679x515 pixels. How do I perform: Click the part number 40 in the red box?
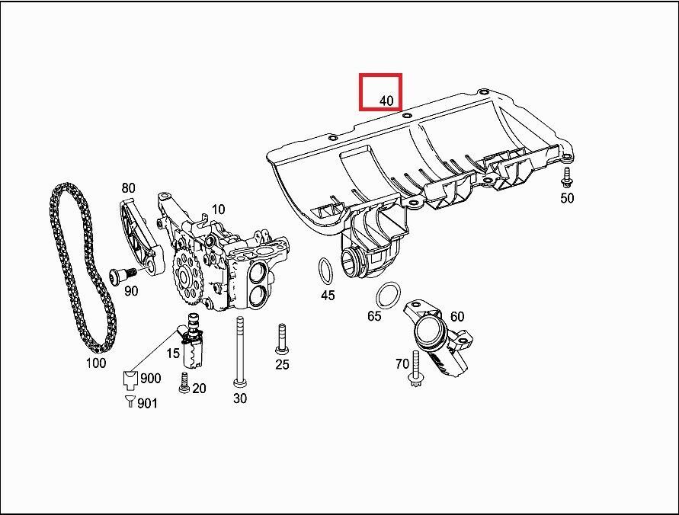(x=386, y=101)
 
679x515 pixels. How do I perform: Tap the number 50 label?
(x=566, y=198)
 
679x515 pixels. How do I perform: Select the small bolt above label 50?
(x=566, y=178)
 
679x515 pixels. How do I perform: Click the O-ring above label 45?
(x=325, y=270)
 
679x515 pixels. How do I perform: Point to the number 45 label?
(x=327, y=296)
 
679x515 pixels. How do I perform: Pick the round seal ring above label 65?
(x=389, y=294)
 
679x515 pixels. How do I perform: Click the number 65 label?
(x=374, y=315)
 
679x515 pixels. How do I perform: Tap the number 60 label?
(x=456, y=316)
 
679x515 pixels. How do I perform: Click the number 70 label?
(x=402, y=364)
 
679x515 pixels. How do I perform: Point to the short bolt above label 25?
(x=281, y=339)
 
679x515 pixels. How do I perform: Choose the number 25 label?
(x=282, y=365)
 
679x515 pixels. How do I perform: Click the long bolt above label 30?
(x=240, y=350)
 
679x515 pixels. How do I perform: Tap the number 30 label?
(x=240, y=398)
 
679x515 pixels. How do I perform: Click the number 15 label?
(x=173, y=353)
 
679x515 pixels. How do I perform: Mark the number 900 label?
(x=150, y=379)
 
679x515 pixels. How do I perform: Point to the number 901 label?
(x=147, y=403)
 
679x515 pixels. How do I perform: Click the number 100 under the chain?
(x=95, y=363)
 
